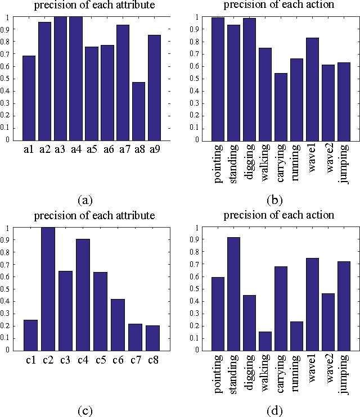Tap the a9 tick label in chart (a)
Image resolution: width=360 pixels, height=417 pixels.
tap(154, 150)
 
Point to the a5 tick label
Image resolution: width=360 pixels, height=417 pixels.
tap(92, 150)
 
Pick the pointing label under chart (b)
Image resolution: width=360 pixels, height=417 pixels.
tap(218, 164)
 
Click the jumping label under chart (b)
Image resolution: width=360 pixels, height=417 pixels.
tap(344, 164)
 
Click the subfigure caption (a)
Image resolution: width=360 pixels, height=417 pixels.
tap(84, 200)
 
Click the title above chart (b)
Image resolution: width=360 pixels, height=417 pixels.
tap(279, 5)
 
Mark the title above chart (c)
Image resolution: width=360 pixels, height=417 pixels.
tap(94, 216)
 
